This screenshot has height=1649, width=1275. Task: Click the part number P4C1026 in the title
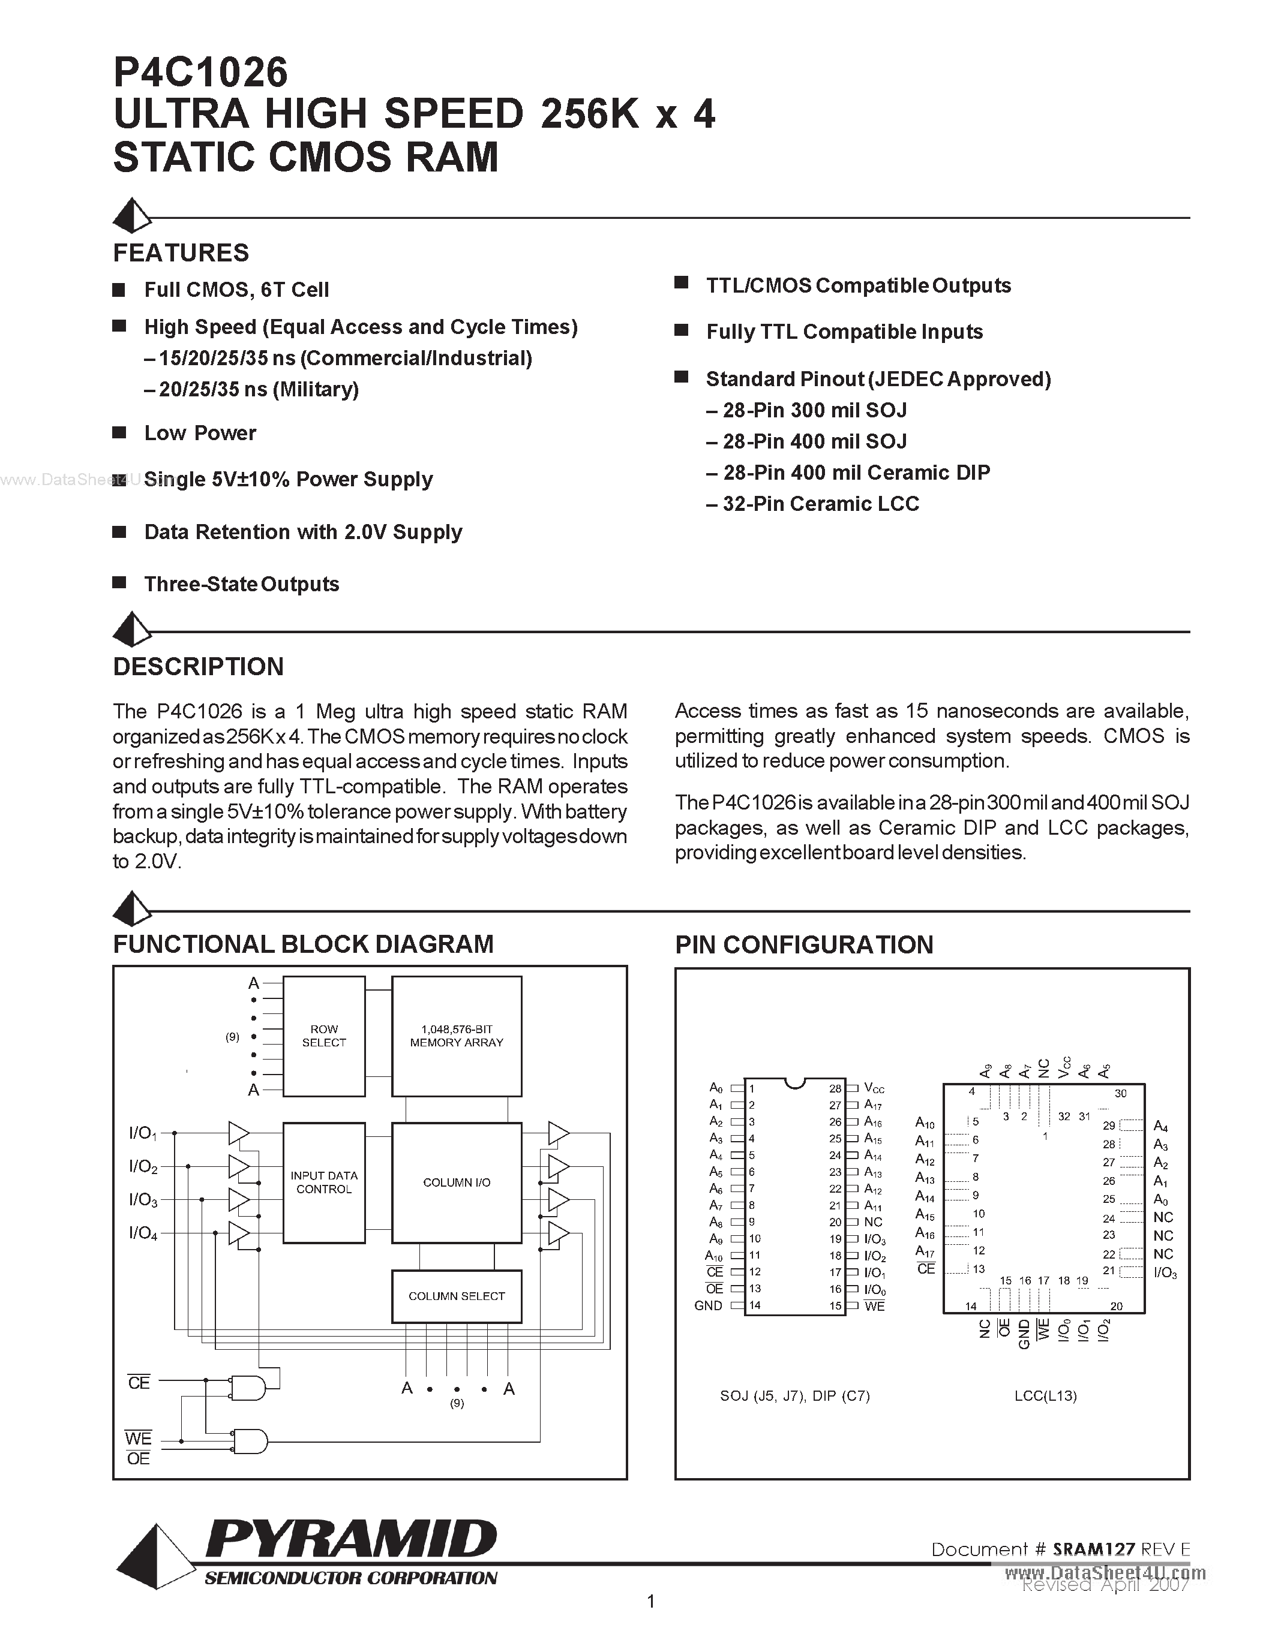point(200,73)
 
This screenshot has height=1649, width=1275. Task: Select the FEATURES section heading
point(181,252)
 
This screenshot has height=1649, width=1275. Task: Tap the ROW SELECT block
point(324,1036)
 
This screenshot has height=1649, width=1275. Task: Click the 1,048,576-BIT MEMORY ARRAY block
point(456,1036)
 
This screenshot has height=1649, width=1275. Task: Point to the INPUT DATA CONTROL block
point(324,1182)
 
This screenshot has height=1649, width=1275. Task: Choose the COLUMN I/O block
point(456,1182)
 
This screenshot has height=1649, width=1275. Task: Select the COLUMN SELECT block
point(456,1296)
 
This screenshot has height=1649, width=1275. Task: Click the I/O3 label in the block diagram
point(143,1200)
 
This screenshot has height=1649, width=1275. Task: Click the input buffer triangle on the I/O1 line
point(238,1133)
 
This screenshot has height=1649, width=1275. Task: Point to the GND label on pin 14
point(708,1305)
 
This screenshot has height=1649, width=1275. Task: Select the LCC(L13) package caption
point(1045,1396)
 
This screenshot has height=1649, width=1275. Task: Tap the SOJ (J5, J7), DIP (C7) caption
point(794,1396)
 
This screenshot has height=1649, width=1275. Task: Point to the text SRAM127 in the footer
point(1094,1549)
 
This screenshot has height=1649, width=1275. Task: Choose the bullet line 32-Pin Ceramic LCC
point(820,504)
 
